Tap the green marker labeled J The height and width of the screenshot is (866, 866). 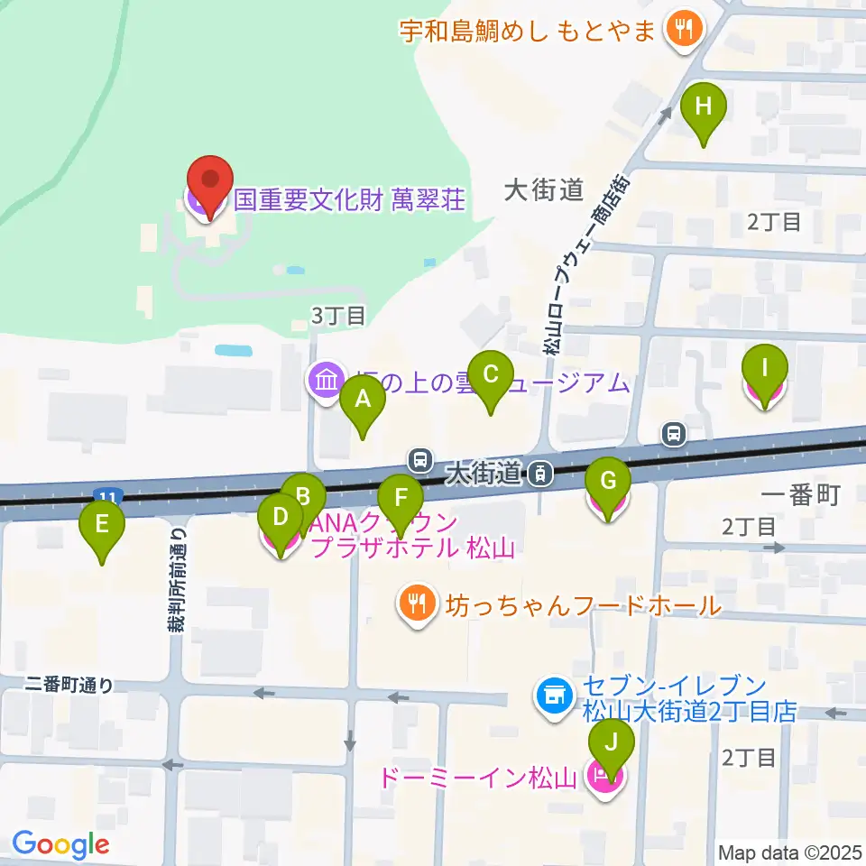(612, 747)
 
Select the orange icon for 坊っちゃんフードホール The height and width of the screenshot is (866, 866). (417, 603)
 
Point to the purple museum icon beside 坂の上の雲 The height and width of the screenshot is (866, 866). (325, 382)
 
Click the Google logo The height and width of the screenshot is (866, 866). (60, 844)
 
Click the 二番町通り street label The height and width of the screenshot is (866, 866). (70, 685)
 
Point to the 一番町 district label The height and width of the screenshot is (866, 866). (801, 494)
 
